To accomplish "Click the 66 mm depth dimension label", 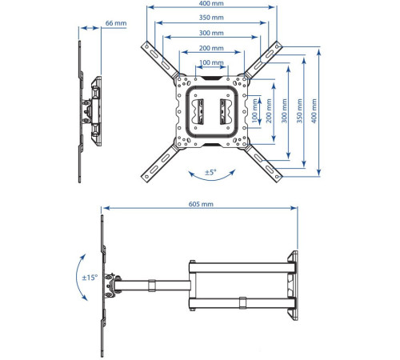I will [116, 24].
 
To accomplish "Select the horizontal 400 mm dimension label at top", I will [211, 5].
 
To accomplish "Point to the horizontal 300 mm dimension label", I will [211, 33].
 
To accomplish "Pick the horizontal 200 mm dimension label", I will [211, 48].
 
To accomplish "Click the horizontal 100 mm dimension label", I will [211, 62].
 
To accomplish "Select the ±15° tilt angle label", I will [90, 278].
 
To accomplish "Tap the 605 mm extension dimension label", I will [200, 205].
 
